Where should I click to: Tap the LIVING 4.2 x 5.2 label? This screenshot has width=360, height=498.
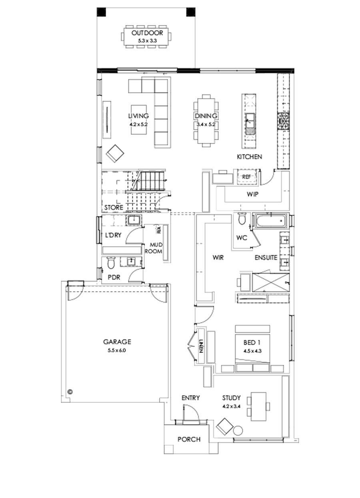coord(138,119)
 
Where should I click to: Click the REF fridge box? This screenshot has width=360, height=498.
coord(246,176)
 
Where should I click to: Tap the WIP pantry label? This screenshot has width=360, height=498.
coord(252,194)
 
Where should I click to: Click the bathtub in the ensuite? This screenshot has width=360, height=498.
coord(270,220)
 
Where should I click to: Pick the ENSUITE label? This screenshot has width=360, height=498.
coord(266,258)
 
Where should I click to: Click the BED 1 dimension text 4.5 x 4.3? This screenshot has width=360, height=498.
coord(252,351)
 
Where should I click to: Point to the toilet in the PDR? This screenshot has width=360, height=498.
coord(111,263)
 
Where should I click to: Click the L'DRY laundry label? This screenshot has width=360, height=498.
coord(113,236)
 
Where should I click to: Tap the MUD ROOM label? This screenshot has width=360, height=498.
coord(156,248)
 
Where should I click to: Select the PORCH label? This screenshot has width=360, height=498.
coord(189,439)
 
